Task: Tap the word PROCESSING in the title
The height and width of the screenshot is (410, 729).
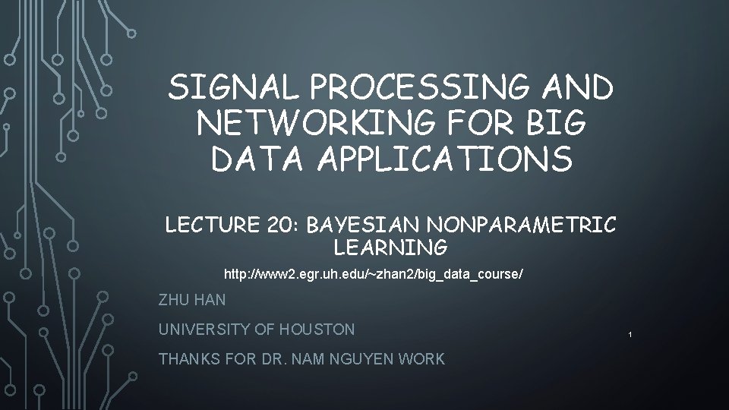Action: [421, 88]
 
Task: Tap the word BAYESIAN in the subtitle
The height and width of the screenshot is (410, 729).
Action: [361, 225]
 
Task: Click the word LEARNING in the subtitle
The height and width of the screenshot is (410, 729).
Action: [390, 248]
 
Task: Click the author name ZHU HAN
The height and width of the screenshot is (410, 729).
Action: [192, 300]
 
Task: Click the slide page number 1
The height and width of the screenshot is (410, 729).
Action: [630, 335]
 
